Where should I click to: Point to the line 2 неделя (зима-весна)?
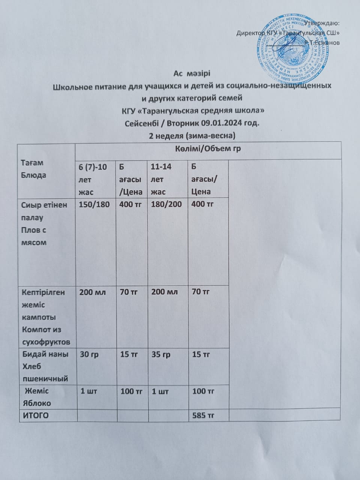pos(192,135)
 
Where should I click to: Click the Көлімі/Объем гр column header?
pos(208,149)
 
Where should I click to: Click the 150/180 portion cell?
pos(92,204)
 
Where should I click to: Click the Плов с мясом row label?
pos(34,236)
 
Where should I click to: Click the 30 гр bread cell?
pos(90,354)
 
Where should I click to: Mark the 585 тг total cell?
pos(203,415)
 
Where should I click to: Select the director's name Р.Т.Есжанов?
pos(323,43)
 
